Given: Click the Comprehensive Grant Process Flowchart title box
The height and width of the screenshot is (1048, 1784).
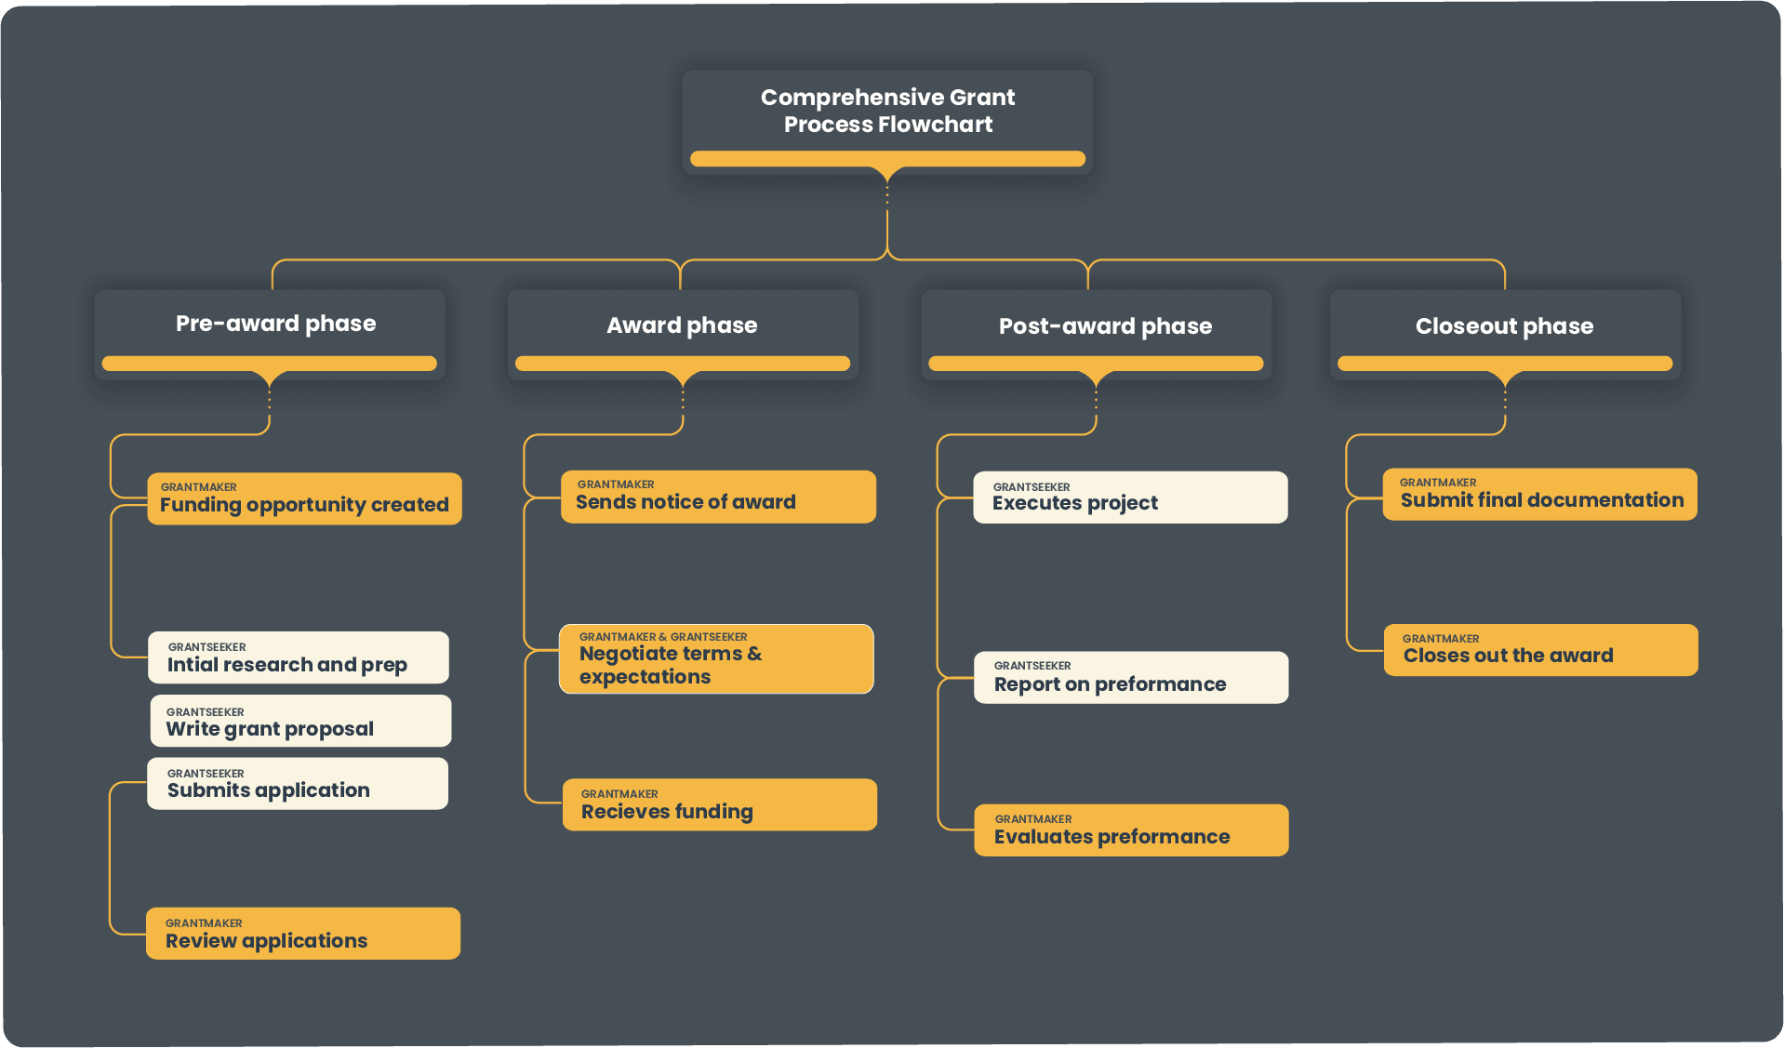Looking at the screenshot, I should tap(887, 112).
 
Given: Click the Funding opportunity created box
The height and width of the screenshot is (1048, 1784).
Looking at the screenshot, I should tap(304, 499).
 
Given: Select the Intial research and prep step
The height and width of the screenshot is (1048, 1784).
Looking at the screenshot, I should tap(299, 657).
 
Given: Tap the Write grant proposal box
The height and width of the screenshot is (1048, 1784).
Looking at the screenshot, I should tap(300, 721).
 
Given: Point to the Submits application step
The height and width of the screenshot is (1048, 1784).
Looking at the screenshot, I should tap(298, 784).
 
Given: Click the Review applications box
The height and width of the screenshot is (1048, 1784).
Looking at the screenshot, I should tap(303, 934).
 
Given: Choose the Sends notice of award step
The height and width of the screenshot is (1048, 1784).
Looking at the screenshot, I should tap(718, 497).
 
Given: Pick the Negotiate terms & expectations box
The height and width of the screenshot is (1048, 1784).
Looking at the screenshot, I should tap(716, 659).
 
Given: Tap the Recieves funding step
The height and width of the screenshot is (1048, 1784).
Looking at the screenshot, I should tap(720, 804).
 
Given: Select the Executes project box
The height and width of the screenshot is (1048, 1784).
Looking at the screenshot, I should tap(1130, 497).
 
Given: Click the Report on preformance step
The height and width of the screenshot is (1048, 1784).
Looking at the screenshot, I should tap(1131, 678).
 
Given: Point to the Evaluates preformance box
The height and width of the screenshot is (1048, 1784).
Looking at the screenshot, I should tap(1131, 830).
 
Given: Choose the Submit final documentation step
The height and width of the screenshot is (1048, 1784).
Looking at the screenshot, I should tap(1539, 495).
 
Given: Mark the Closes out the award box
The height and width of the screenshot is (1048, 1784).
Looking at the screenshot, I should tap(1540, 650).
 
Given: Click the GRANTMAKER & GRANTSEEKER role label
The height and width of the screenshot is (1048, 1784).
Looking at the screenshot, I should tap(663, 637).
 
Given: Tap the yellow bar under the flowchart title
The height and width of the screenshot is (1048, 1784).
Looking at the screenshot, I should tap(887, 159).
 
